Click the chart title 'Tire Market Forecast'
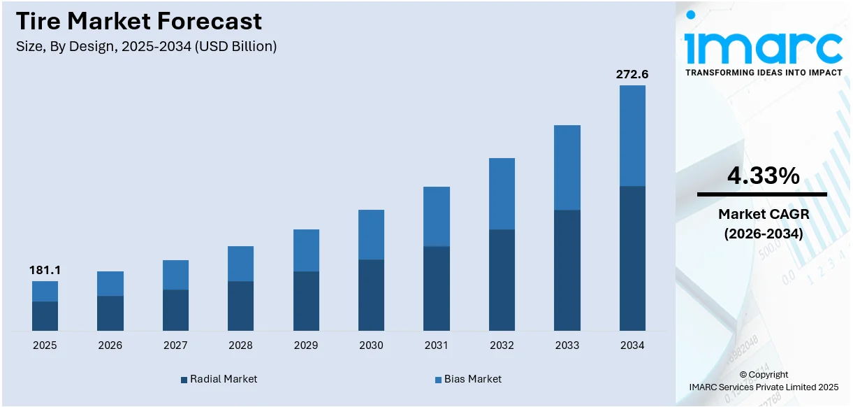[139, 21]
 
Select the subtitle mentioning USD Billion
[146, 47]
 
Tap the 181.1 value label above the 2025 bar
[44, 270]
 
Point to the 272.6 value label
[632, 74]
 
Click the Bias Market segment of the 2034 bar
[632, 136]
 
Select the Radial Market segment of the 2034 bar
[632, 258]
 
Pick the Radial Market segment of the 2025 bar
[45, 316]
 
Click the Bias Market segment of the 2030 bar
[371, 234]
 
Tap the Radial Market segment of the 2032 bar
[502, 280]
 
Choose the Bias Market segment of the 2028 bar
[240, 264]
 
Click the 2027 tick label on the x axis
[175, 345]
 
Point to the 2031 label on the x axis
[437, 345]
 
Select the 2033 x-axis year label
[567, 345]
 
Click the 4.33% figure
[763, 176]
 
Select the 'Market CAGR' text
[763, 214]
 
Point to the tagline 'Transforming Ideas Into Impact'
[763, 73]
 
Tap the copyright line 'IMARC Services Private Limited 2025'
[763, 387]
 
